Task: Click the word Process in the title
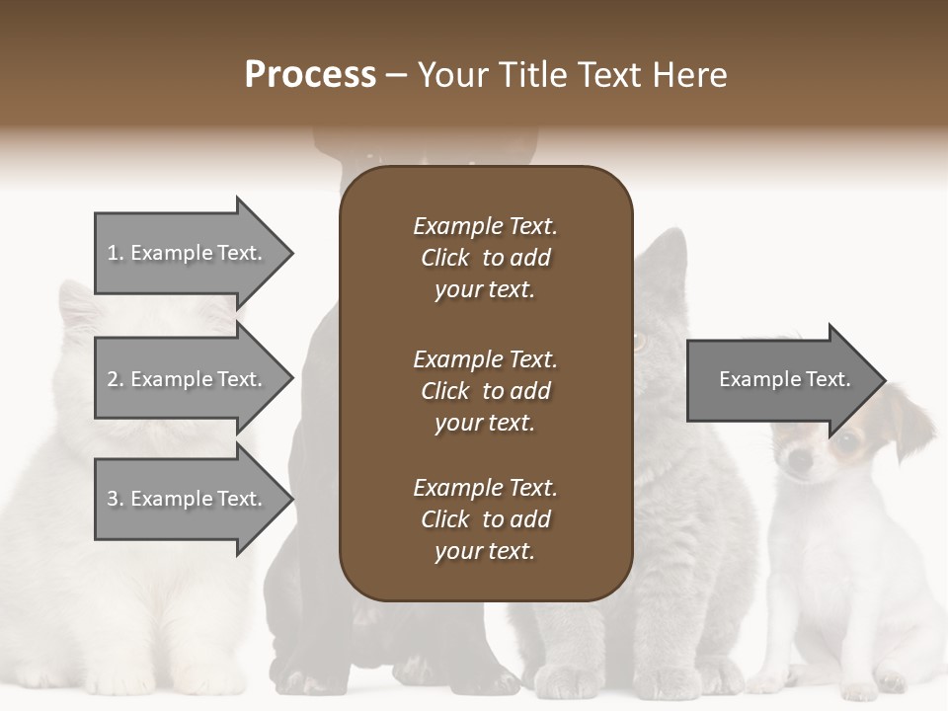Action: (310, 75)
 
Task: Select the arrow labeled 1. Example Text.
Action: (188, 253)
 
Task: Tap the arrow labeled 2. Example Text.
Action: (188, 379)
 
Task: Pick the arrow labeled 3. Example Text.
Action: (188, 499)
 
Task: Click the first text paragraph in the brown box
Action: (485, 258)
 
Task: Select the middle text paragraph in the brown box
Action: (485, 391)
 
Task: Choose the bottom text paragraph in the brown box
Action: (485, 519)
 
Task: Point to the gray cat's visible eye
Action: (639, 343)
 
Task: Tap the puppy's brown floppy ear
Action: (913, 420)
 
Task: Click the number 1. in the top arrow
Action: (115, 253)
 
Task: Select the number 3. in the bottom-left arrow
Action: (115, 499)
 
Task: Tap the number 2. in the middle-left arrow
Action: (115, 379)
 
